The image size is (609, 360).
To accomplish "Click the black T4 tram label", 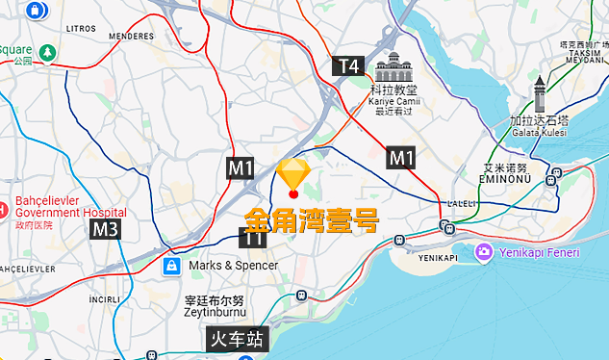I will (x=349, y=65).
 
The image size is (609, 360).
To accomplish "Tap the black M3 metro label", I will (x=106, y=229).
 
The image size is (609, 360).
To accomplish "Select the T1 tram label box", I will (x=252, y=237).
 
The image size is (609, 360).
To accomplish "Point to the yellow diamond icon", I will (x=292, y=173).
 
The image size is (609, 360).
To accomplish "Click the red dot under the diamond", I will (x=293, y=194).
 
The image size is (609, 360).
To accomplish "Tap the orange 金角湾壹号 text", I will (x=311, y=217).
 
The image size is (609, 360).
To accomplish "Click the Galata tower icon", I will (x=540, y=95).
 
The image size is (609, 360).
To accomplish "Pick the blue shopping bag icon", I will (x=170, y=265).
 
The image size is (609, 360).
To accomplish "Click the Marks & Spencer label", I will (x=233, y=265).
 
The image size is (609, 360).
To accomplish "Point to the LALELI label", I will (x=462, y=204).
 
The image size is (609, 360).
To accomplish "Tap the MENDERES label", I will (x=131, y=37).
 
